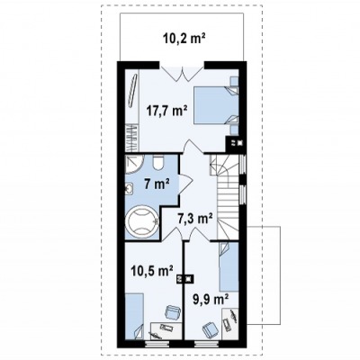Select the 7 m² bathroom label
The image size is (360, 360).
pos(157,184)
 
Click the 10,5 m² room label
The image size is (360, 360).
pos(151,271)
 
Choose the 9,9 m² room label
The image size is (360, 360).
pos(211,299)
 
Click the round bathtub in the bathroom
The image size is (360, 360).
pos(142,222)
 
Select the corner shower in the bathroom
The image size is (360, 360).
pos(134,164)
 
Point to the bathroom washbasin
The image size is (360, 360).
pos(130,189)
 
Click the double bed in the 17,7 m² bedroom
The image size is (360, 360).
pos(216,104)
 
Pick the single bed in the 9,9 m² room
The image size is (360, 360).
pos(229,266)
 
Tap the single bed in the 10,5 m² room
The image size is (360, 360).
pos(134,317)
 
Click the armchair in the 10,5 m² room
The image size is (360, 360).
pos(173,312)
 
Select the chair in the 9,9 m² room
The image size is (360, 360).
pos(210,329)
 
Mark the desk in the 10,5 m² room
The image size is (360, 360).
pos(166,331)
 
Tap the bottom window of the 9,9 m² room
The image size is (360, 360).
pos(204,344)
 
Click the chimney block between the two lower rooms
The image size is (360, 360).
pos(184,279)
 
